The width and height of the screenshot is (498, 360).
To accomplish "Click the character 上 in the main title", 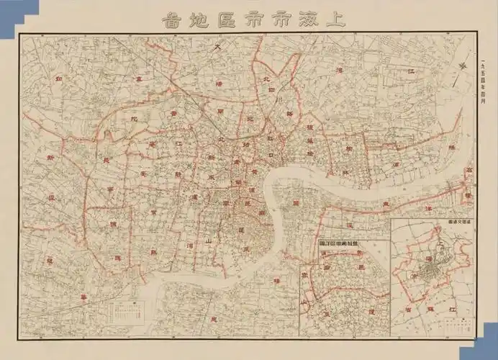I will pyautogui.click(x=335, y=19).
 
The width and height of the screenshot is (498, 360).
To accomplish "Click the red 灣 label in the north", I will pyautogui.click(x=339, y=71).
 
